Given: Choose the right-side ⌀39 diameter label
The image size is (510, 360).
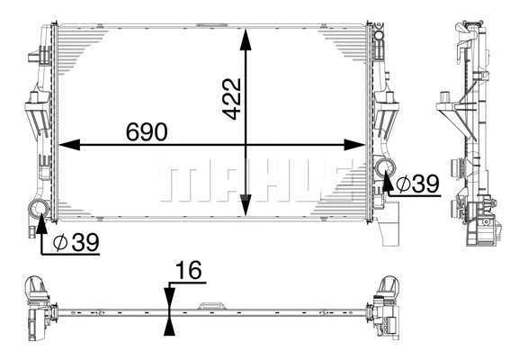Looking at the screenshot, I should click(x=416, y=184).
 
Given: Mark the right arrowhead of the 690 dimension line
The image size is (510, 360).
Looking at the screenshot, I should click(x=360, y=144).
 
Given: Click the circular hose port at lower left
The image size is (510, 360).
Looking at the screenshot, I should click(x=39, y=211).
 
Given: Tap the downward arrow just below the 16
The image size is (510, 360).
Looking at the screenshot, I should click(x=170, y=298).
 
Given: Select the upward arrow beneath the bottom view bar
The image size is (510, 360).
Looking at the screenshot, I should click(x=170, y=325).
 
